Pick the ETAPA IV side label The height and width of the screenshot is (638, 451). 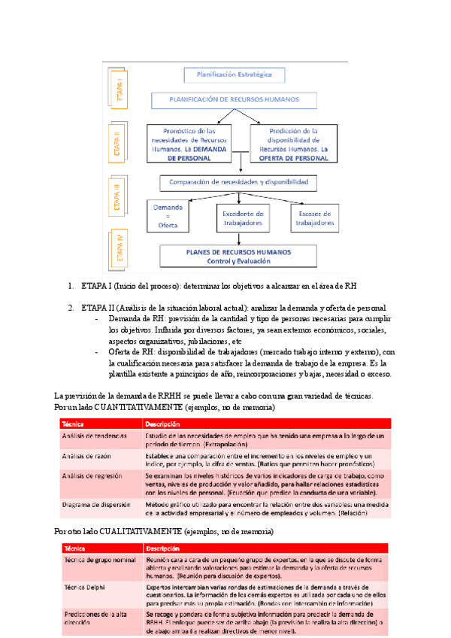(x=119, y=245)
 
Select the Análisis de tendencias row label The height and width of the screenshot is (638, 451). (x=95, y=436)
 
